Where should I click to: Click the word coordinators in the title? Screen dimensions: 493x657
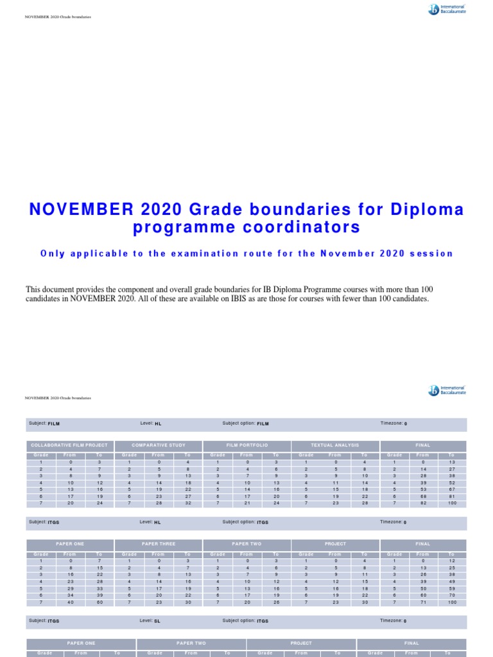point(308,228)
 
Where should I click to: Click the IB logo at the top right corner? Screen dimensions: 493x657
point(447,10)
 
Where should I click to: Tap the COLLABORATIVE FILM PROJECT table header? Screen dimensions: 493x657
point(69,445)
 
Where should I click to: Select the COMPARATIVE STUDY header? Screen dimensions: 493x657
point(158,445)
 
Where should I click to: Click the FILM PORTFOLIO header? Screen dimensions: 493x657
point(246,445)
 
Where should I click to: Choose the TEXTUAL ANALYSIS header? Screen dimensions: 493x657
point(335,445)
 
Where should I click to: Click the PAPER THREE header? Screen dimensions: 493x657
point(158,543)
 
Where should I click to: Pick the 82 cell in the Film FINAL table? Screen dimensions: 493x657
point(422,504)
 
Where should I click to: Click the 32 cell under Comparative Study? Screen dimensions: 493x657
point(187,504)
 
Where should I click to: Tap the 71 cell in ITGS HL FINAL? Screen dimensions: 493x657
point(422,602)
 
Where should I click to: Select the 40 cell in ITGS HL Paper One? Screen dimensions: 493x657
point(70,602)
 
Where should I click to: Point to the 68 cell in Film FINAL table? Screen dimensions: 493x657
point(422,497)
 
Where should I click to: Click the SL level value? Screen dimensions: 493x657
point(157,621)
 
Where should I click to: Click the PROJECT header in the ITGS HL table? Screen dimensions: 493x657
point(335,543)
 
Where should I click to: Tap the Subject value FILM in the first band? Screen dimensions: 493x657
point(54,424)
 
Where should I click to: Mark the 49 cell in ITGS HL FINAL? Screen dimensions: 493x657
point(452,581)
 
